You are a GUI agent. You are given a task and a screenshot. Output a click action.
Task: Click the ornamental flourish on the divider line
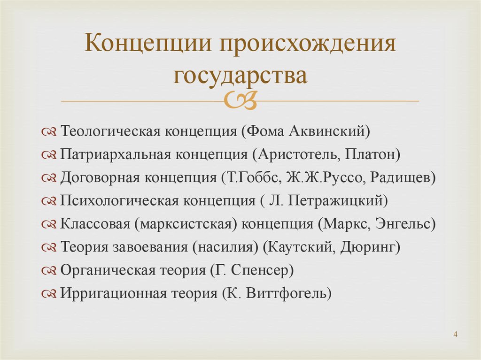[x=240, y=100]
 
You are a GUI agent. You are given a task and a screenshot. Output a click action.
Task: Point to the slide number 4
[x=455, y=334]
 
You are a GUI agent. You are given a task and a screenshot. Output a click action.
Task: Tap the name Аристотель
[x=298, y=154]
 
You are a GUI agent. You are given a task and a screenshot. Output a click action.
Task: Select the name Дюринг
[x=368, y=247]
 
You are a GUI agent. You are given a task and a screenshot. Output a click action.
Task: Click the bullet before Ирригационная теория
[x=49, y=294]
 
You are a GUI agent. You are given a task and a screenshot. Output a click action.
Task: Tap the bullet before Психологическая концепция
[x=49, y=201]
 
